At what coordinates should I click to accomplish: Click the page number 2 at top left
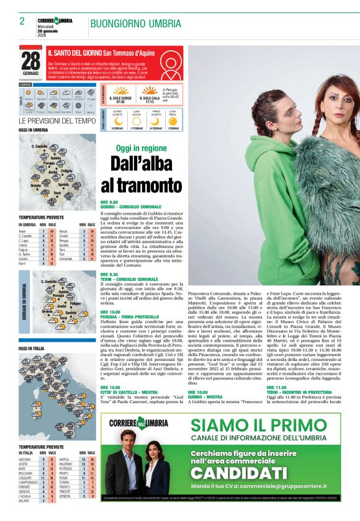[22, 21]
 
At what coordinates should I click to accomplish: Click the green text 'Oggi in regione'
[142, 149]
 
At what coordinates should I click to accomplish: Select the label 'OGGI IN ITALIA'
[32, 349]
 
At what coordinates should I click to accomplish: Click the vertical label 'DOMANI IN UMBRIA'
[24, 302]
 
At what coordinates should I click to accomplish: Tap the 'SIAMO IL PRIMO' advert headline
[258, 425]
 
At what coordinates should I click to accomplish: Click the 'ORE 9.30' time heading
[109, 274]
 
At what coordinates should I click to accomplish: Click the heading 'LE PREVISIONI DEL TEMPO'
[57, 121]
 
